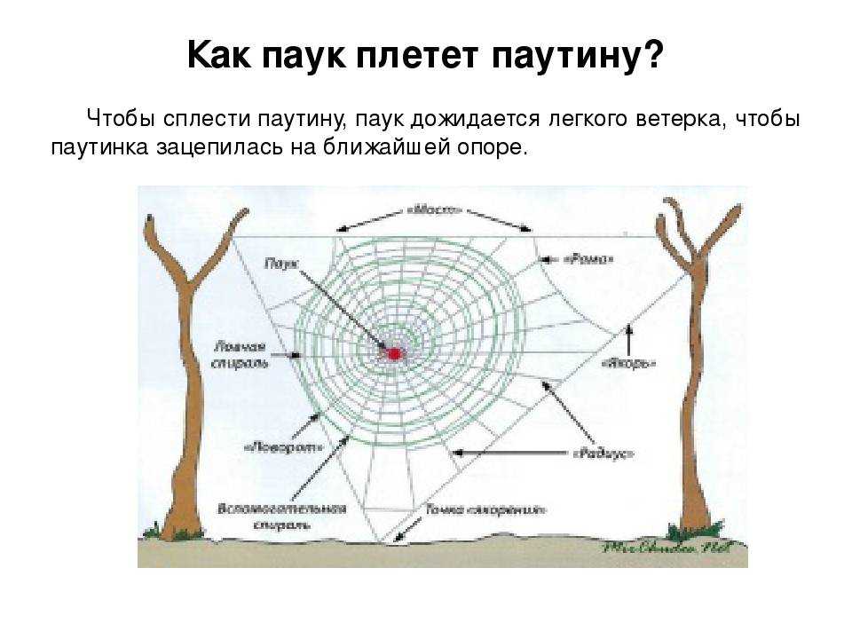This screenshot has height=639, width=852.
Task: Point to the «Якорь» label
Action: tap(628, 363)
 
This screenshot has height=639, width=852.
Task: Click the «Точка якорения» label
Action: tap(485, 510)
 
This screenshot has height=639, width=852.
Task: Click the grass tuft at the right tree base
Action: tap(682, 532)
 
